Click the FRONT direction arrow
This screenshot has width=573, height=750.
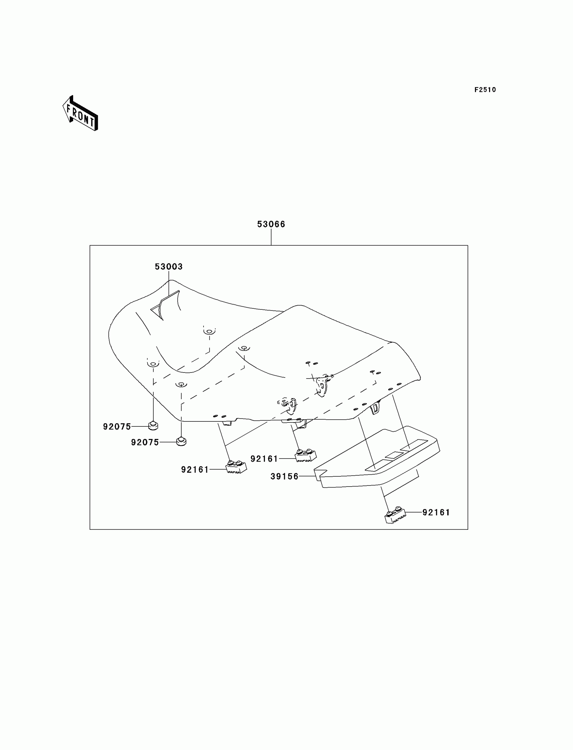pyautogui.click(x=81, y=114)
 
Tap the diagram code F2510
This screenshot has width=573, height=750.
pyautogui.click(x=485, y=90)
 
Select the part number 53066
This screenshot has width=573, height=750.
pyautogui.click(x=271, y=224)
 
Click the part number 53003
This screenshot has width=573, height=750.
pyautogui.click(x=169, y=267)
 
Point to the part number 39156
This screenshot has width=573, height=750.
pyautogui.click(x=284, y=477)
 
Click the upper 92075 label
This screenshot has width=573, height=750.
pyautogui.click(x=117, y=427)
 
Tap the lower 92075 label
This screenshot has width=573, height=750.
pyautogui.click(x=145, y=442)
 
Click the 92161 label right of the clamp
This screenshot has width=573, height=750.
pyautogui.click(x=436, y=512)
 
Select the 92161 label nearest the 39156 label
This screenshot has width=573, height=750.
pyautogui.click(x=264, y=459)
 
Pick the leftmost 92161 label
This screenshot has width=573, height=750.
pyautogui.click(x=195, y=470)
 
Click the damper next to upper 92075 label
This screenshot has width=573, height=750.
pyautogui.click(x=153, y=425)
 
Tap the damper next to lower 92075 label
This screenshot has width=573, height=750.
pyautogui.click(x=181, y=441)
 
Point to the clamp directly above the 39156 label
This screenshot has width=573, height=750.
pyautogui.click(x=305, y=455)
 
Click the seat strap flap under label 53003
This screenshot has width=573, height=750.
pyautogui.click(x=166, y=304)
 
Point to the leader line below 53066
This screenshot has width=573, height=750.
pyautogui.click(x=271, y=237)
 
